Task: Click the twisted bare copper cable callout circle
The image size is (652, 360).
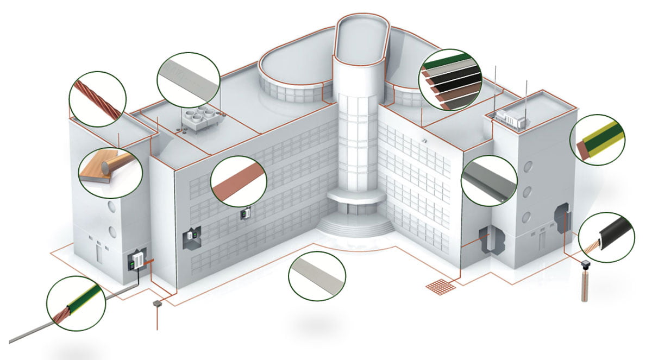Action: tap(98, 98)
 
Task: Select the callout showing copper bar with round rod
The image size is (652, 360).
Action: tap(110, 172)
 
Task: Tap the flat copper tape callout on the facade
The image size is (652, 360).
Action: tap(239, 181)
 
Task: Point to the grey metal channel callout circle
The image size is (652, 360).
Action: tap(489, 181)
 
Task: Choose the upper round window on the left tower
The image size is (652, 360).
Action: tap(112, 206)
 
